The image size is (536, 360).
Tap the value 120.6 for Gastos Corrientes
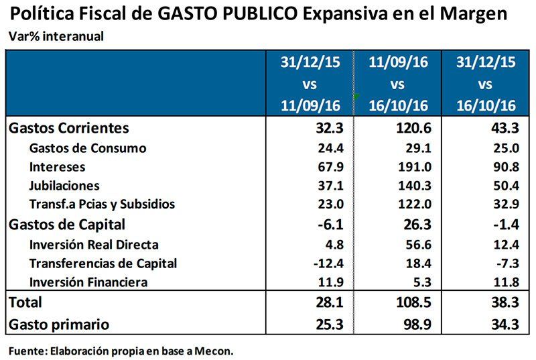coord(410,128)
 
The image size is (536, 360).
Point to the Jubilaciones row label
coord(64,186)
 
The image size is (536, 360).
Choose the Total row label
coord(25,302)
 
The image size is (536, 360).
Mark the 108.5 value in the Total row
coord(410,302)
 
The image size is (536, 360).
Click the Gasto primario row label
coord(60,324)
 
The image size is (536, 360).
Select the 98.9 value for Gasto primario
coord(413,324)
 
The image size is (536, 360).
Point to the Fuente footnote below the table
coord(121,350)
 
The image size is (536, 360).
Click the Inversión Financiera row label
coord(88,283)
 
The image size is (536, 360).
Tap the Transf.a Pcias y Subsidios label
coord(102,205)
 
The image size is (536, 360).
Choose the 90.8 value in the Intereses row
coord(501,167)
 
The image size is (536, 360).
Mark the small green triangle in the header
coord(357,97)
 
